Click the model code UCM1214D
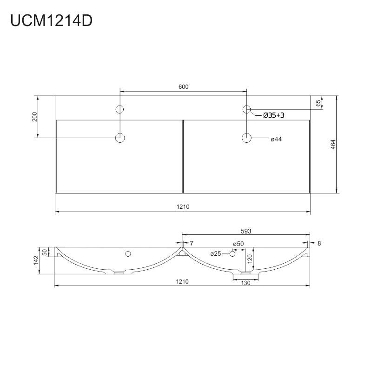pos(51,20)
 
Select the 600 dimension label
pos(183,87)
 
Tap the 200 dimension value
pos(34,117)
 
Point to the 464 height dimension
pos(333,145)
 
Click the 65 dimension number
pos(318,103)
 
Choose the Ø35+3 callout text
pos(273,115)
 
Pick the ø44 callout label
pos(276,139)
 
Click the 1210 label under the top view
pos(183,206)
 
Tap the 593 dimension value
pos(246,231)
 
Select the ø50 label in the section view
pos(238,244)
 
